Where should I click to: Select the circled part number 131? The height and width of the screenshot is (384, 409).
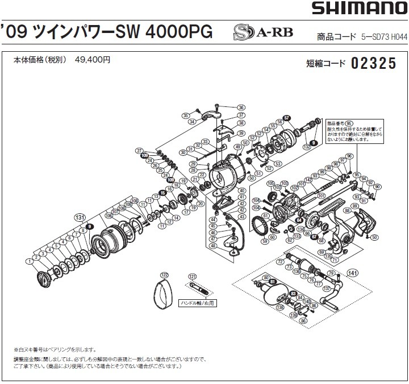pyautogui.click(x=79, y=217)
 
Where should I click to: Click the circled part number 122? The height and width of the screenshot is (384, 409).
pyautogui.click(x=165, y=274)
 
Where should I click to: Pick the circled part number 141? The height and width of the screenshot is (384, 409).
pyautogui.click(x=353, y=272)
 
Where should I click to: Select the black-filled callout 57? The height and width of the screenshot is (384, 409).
pyautogui.click(x=287, y=118)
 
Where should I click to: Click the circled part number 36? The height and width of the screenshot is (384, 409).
pyautogui.click(x=241, y=108)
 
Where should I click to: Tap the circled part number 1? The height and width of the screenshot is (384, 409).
pyautogui.click(x=28, y=261)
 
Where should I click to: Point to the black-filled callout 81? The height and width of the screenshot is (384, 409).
pyautogui.click(x=273, y=282)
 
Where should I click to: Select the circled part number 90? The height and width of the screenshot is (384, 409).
pyautogui.click(x=378, y=187)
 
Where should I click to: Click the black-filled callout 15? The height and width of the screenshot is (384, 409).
pyautogui.click(x=162, y=193)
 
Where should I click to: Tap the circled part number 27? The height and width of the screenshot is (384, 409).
pyautogui.click(x=138, y=150)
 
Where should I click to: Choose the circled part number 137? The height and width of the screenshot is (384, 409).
pyautogui.click(x=325, y=288)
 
